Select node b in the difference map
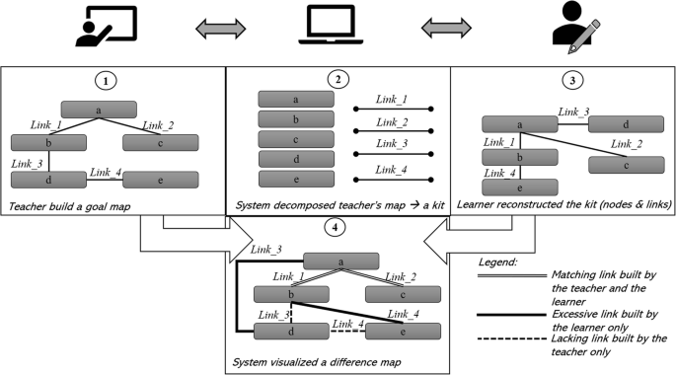pyautogui.click(x=291, y=294)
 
